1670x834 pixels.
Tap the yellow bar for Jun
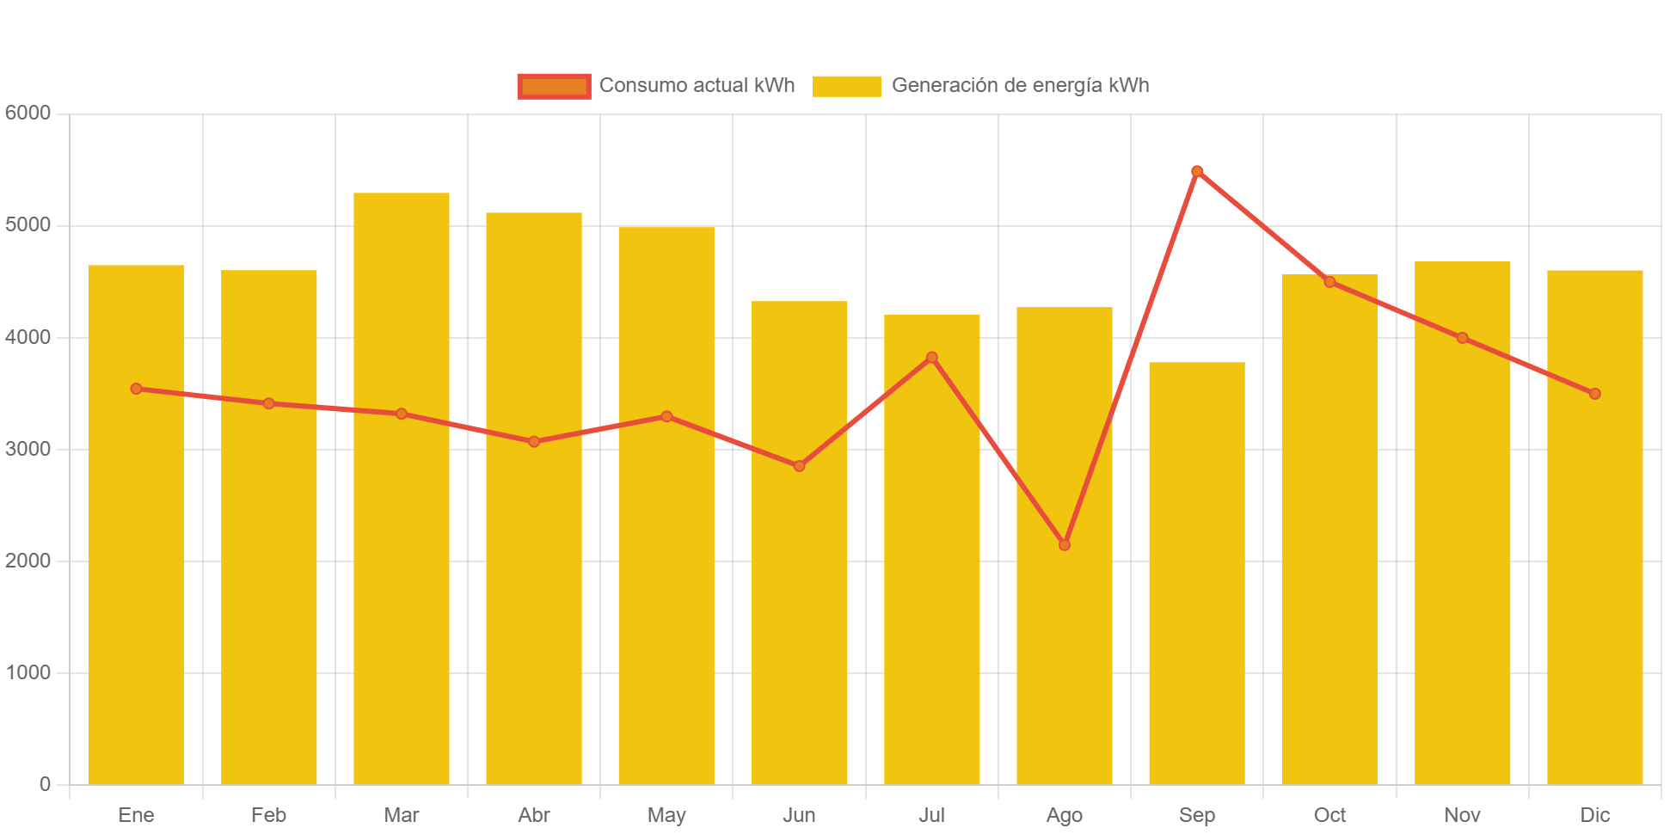(x=799, y=543)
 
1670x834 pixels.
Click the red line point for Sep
(x=1197, y=171)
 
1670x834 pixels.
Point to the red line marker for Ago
(x=1065, y=545)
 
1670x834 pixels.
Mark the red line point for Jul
(x=931, y=358)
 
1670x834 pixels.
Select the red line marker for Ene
(x=136, y=389)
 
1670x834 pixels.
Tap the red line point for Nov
(x=1462, y=338)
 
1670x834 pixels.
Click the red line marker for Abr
(x=534, y=442)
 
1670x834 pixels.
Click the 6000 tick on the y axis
(x=28, y=113)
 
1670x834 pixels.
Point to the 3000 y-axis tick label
(x=28, y=449)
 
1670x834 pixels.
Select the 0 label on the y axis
(x=45, y=784)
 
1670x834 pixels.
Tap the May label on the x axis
(x=666, y=815)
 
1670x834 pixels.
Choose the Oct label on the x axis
(x=1329, y=815)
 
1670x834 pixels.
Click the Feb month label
(x=268, y=815)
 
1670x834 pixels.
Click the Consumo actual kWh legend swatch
(x=554, y=86)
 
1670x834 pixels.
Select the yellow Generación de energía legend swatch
(x=846, y=86)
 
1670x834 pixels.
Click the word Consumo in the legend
(x=636, y=86)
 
